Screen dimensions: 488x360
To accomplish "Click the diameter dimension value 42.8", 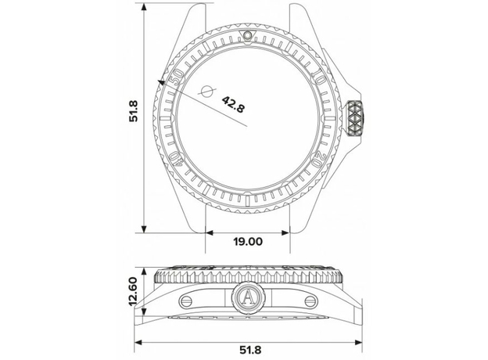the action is [233, 104].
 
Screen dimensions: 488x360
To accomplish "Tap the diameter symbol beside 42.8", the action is [207, 91].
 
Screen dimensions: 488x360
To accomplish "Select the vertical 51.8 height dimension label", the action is [134, 111].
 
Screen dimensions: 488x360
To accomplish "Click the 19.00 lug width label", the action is [248, 241].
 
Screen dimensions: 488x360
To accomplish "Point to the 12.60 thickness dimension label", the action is [133, 291].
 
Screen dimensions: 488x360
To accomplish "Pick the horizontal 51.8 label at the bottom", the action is [250, 350].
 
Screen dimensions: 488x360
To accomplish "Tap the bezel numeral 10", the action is [319, 76].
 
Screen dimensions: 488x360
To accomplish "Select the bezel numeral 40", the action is [176, 159].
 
